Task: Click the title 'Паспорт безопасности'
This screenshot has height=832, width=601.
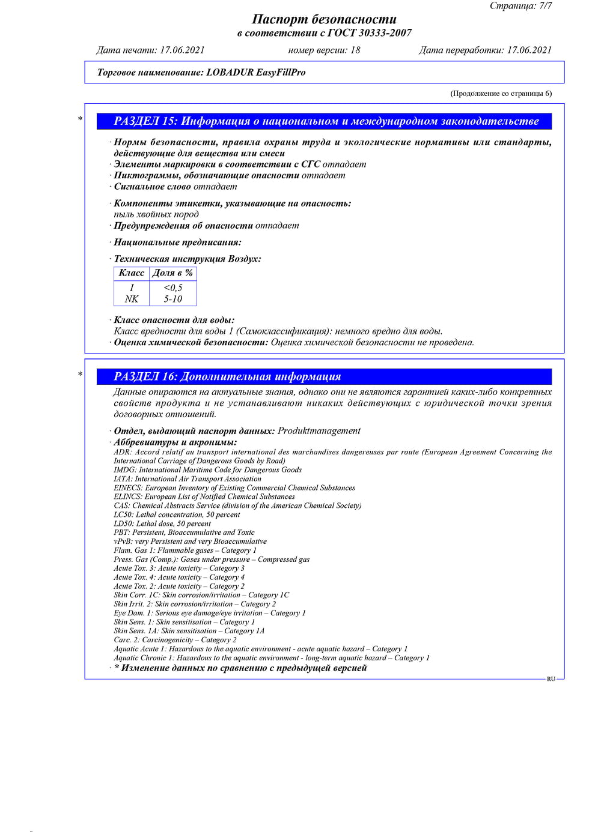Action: pyautogui.click(x=324, y=19)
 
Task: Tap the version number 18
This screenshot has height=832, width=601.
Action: pyautogui.click(x=355, y=50)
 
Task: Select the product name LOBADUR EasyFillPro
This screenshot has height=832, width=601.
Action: pyautogui.click(x=255, y=73)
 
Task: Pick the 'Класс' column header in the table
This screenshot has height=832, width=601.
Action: pyautogui.click(x=132, y=273)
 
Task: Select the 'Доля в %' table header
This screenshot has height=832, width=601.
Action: pyautogui.click(x=172, y=273)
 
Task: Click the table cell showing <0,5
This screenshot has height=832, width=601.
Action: pyautogui.click(x=173, y=288)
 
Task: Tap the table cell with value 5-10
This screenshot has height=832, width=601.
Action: pyautogui.click(x=173, y=299)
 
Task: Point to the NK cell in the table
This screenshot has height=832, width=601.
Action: pyautogui.click(x=132, y=299)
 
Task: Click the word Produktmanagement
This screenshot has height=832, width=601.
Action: pyautogui.click(x=319, y=431)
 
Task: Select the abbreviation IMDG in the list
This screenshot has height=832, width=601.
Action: pyautogui.click(x=125, y=470)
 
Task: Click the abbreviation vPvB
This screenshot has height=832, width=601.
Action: pyautogui.click(x=123, y=541)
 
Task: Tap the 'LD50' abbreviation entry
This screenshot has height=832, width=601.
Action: pyautogui.click(x=123, y=523)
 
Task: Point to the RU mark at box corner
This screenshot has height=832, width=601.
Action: pyautogui.click(x=551, y=679)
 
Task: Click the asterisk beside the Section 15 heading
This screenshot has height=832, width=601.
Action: pyautogui.click(x=81, y=119)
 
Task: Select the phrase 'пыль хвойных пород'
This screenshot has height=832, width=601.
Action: pyautogui.click(x=156, y=214)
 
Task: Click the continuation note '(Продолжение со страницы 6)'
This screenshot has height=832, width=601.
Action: pyautogui.click(x=501, y=94)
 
